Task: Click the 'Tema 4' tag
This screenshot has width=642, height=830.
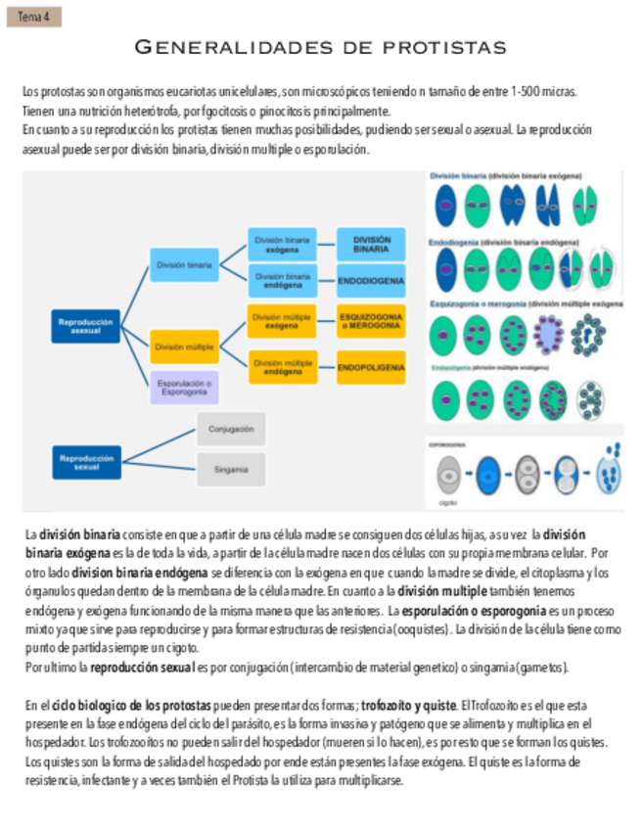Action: pos(33,16)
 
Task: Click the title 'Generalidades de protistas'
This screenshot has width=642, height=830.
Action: pos(320,47)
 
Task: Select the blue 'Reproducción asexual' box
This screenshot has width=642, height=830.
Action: pos(86,327)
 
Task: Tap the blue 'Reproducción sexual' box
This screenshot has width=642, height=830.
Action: pos(86,462)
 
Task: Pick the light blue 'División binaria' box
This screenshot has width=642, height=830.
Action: pos(184,264)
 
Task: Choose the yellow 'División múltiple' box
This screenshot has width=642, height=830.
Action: pos(184,346)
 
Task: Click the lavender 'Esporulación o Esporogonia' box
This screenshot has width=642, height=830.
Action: pos(184,388)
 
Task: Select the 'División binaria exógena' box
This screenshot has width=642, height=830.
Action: pos(283,245)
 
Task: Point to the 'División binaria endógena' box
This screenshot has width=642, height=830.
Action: pos(283,281)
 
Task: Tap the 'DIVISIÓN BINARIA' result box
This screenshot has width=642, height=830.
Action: pos(371,245)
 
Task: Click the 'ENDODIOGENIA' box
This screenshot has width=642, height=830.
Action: pos(371,281)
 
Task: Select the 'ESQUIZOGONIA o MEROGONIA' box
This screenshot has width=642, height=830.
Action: pos(371,321)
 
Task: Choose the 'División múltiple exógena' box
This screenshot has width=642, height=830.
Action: pos(283,321)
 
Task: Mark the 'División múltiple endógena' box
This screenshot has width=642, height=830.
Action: pos(283,367)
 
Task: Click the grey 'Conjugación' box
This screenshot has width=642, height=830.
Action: pos(231,429)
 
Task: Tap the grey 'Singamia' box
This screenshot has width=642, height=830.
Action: pos(231,470)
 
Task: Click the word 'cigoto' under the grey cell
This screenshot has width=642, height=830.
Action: pos(449,501)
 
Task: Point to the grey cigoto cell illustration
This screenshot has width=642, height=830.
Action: pos(450,476)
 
